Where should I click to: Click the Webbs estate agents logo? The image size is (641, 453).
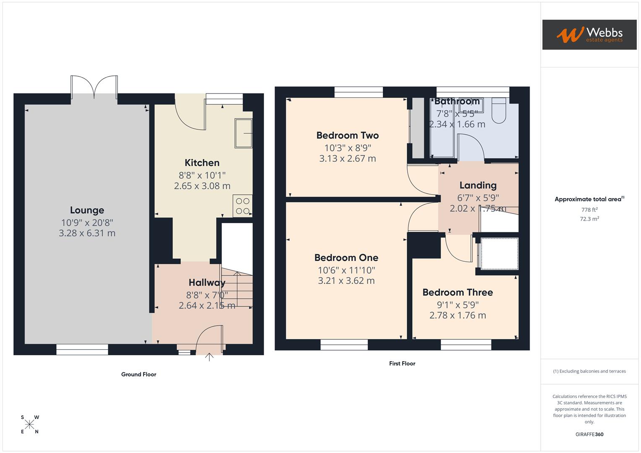click(x=589, y=34)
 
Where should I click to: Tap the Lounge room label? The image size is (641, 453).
click(x=87, y=210)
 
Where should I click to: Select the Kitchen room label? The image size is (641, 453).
click(x=202, y=163)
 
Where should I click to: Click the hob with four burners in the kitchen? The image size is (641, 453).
click(x=243, y=206)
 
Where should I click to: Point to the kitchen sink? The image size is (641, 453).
click(x=243, y=133)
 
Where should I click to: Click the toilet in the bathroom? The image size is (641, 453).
click(x=499, y=111)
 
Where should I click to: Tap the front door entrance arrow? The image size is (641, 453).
click(x=209, y=357)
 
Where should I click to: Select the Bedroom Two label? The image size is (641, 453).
click(x=348, y=135)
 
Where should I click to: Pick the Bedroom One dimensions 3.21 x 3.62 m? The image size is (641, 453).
click(x=346, y=281)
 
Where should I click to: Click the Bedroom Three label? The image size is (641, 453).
click(x=458, y=292)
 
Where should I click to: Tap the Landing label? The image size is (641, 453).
click(x=478, y=185)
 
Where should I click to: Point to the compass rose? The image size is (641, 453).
click(x=29, y=424)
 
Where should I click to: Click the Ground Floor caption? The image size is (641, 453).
click(x=139, y=375)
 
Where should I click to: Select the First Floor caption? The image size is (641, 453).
click(x=402, y=364)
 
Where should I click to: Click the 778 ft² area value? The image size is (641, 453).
click(x=589, y=210)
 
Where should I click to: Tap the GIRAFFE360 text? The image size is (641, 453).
click(x=589, y=435)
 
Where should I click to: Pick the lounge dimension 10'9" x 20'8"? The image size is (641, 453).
click(x=87, y=223)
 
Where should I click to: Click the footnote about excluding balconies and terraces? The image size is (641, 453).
click(x=589, y=371)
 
